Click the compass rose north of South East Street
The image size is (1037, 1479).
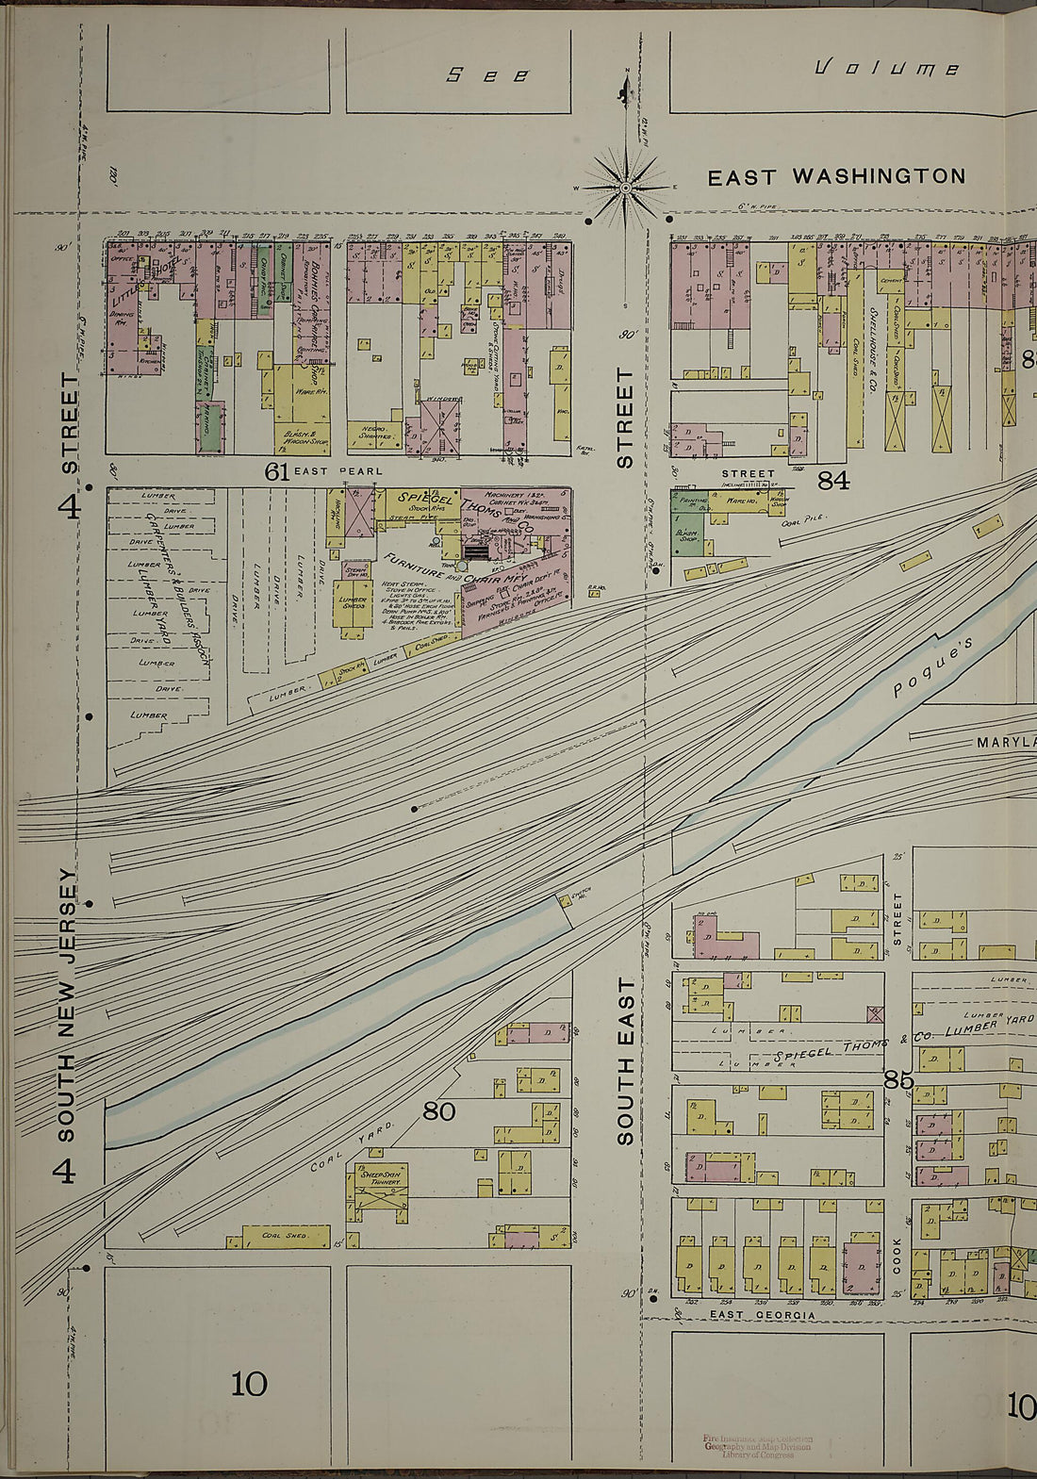(x=626, y=187)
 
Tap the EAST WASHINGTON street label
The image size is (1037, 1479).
(x=836, y=176)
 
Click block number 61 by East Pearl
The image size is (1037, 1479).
(x=276, y=471)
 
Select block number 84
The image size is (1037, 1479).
(x=833, y=481)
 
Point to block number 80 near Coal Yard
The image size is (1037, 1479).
(x=438, y=1111)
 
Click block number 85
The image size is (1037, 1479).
(x=898, y=1080)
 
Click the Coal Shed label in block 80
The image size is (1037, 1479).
(x=284, y=1235)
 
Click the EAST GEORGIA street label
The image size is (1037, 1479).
(x=762, y=1315)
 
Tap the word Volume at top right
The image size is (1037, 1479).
(x=886, y=69)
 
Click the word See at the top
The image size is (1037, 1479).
(x=487, y=75)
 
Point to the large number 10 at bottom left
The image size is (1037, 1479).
(x=249, y=1384)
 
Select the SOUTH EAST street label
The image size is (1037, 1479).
(x=625, y=1060)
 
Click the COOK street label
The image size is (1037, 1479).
(x=897, y=1255)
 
